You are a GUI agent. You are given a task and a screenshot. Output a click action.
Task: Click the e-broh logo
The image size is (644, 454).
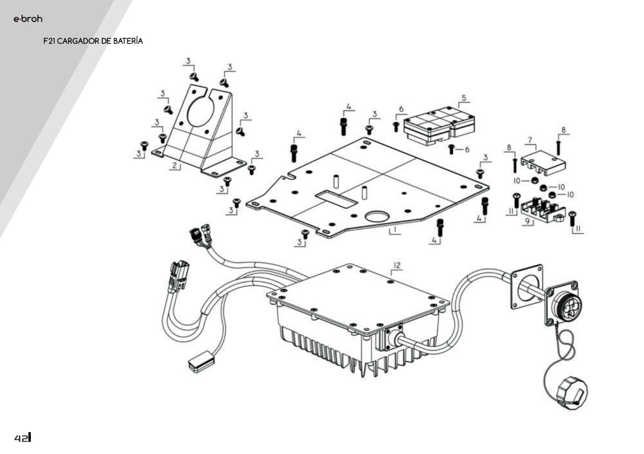(28, 19)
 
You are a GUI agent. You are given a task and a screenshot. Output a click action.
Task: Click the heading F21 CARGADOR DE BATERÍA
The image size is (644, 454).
(93, 41)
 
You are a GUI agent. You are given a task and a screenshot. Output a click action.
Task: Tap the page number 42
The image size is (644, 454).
(22, 437)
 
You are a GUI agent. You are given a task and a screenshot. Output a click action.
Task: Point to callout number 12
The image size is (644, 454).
(397, 265)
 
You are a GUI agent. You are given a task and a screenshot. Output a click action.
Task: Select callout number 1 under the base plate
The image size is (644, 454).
(395, 230)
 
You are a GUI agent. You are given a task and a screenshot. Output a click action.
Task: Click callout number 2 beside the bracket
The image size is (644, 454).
(174, 166)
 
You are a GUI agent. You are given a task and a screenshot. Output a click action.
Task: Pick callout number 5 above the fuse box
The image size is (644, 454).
(464, 98)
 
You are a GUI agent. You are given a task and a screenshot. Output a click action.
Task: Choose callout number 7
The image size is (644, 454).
(530, 140)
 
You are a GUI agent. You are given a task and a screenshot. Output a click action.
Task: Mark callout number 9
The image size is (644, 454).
(526, 221)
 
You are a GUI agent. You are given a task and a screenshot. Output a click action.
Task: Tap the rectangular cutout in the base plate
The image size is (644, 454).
(336, 199)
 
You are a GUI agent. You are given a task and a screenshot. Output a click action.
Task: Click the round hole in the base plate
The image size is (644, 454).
(378, 216)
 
